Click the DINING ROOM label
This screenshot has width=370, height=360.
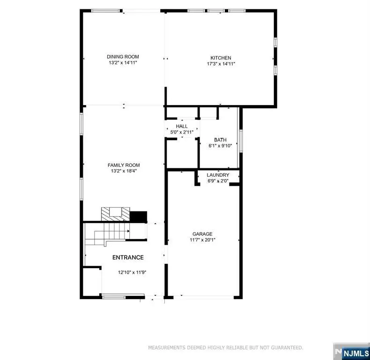(x=123, y=57)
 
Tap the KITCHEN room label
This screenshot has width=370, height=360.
(x=221, y=58)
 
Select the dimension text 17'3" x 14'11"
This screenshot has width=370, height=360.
(x=221, y=64)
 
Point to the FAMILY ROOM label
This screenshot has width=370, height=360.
(x=124, y=165)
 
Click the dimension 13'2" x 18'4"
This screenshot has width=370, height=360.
(x=124, y=171)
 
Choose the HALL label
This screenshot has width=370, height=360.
(x=182, y=127)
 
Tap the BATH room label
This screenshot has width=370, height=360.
(x=220, y=140)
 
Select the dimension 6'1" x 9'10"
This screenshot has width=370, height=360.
(x=220, y=146)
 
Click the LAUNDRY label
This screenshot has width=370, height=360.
(x=218, y=175)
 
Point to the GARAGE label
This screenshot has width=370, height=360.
(x=202, y=233)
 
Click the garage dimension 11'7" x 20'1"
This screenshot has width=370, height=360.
(x=202, y=240)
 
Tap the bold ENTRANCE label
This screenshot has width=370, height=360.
(x=128, y=257)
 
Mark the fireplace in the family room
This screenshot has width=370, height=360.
(x=115, y=214)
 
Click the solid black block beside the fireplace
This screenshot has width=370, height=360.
(x=138, y=217)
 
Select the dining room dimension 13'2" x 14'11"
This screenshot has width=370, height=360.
(x=123, y=62)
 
